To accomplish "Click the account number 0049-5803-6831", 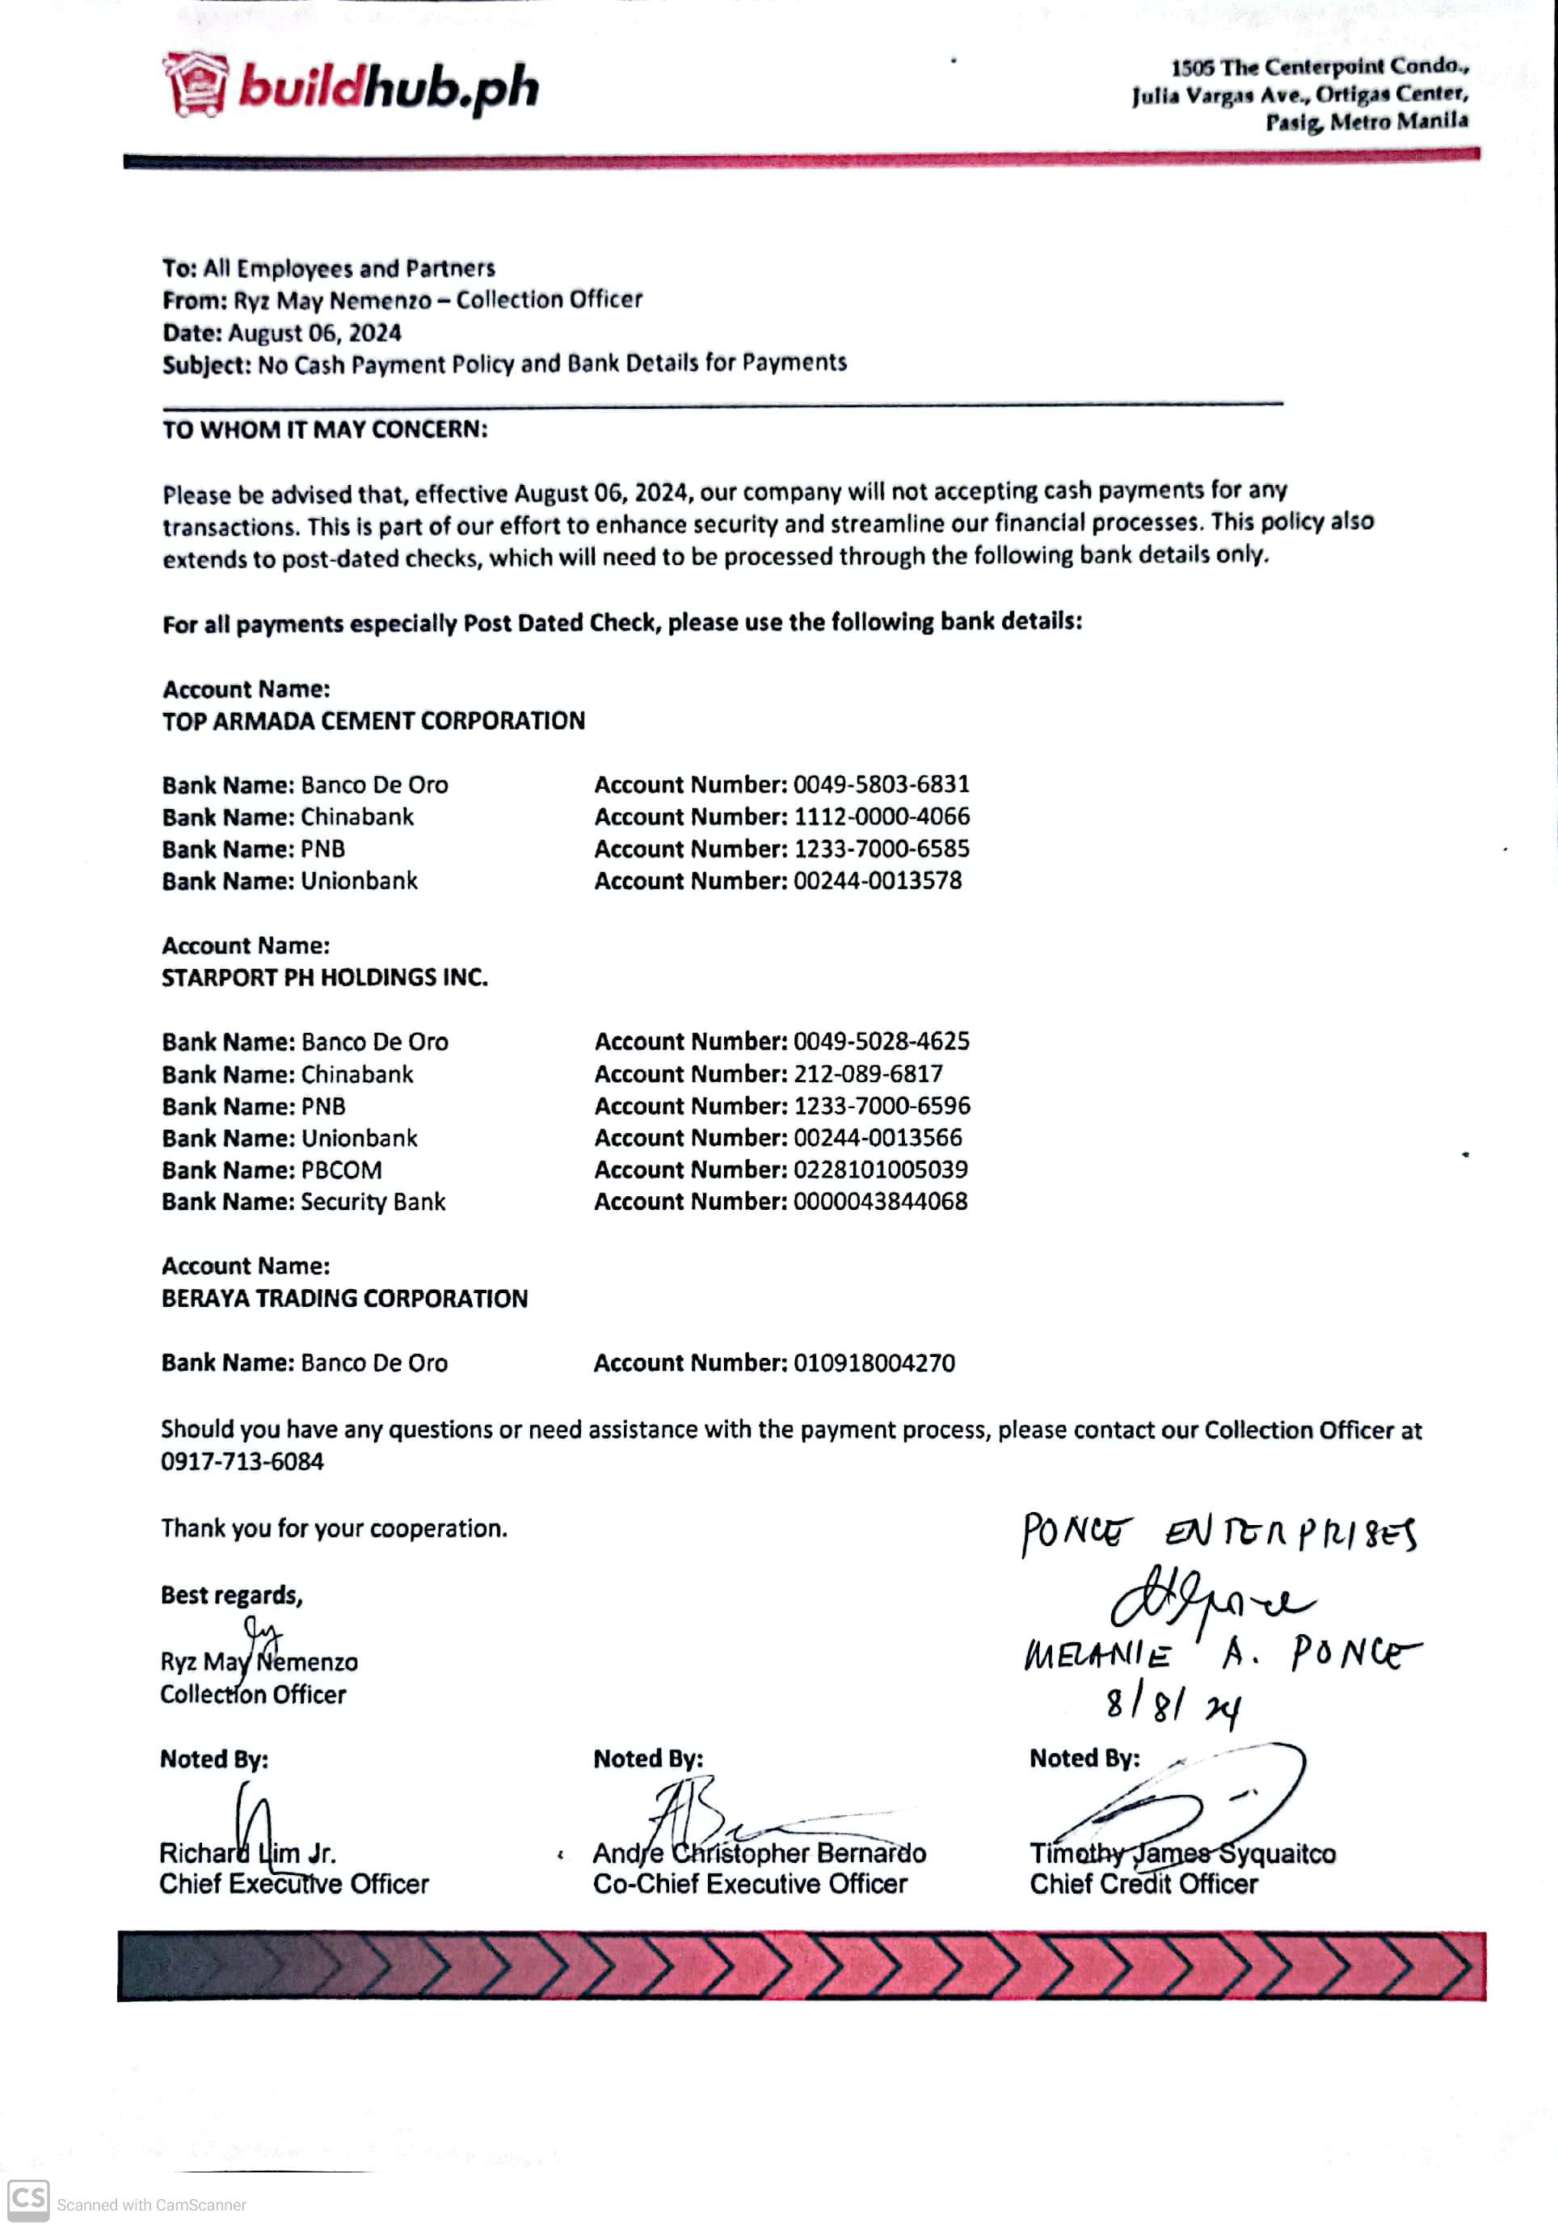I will click(881, 785).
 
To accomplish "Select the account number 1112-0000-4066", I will click(881, 816).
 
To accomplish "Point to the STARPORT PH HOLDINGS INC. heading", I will click(324, 978).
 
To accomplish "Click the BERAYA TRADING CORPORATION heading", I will click(344, 1299).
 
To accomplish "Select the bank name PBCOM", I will click(341, 1169).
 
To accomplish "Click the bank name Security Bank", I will click(373, 1202).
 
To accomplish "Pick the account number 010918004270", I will click(874, 1363).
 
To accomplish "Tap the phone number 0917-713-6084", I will click(242, 1462).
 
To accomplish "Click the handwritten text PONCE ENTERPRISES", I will click(1219, 1534).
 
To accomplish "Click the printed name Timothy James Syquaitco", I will click(1182, 1854).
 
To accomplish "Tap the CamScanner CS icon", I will click(28, 2200).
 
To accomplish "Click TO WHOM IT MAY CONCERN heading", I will click(324, 429).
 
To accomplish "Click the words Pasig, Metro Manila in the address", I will click(1366, 122).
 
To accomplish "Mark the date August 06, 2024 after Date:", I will click(314, 333).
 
